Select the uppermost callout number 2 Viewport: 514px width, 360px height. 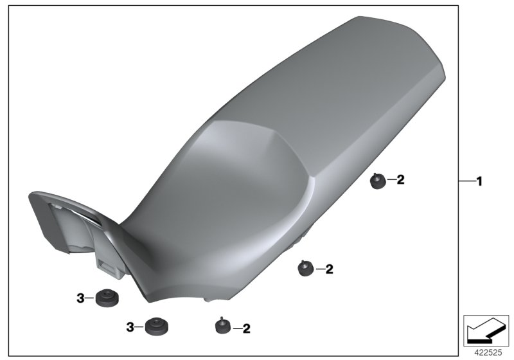coord(400,180)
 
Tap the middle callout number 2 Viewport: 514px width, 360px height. coord(329,269)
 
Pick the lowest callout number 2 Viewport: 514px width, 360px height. coord(245,328)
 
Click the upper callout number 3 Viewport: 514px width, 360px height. coord(81,298)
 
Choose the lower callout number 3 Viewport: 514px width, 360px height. coord(130,327)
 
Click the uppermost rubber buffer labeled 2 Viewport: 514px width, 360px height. coord(377,182)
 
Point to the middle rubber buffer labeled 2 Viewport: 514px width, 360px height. coord(305,268)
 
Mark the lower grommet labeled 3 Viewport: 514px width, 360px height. coord(154,327)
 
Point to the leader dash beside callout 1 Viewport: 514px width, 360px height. coord(466,182)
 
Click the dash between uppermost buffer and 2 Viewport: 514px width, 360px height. coord(390,181)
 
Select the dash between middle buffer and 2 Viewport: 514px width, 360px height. coord(319,269)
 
